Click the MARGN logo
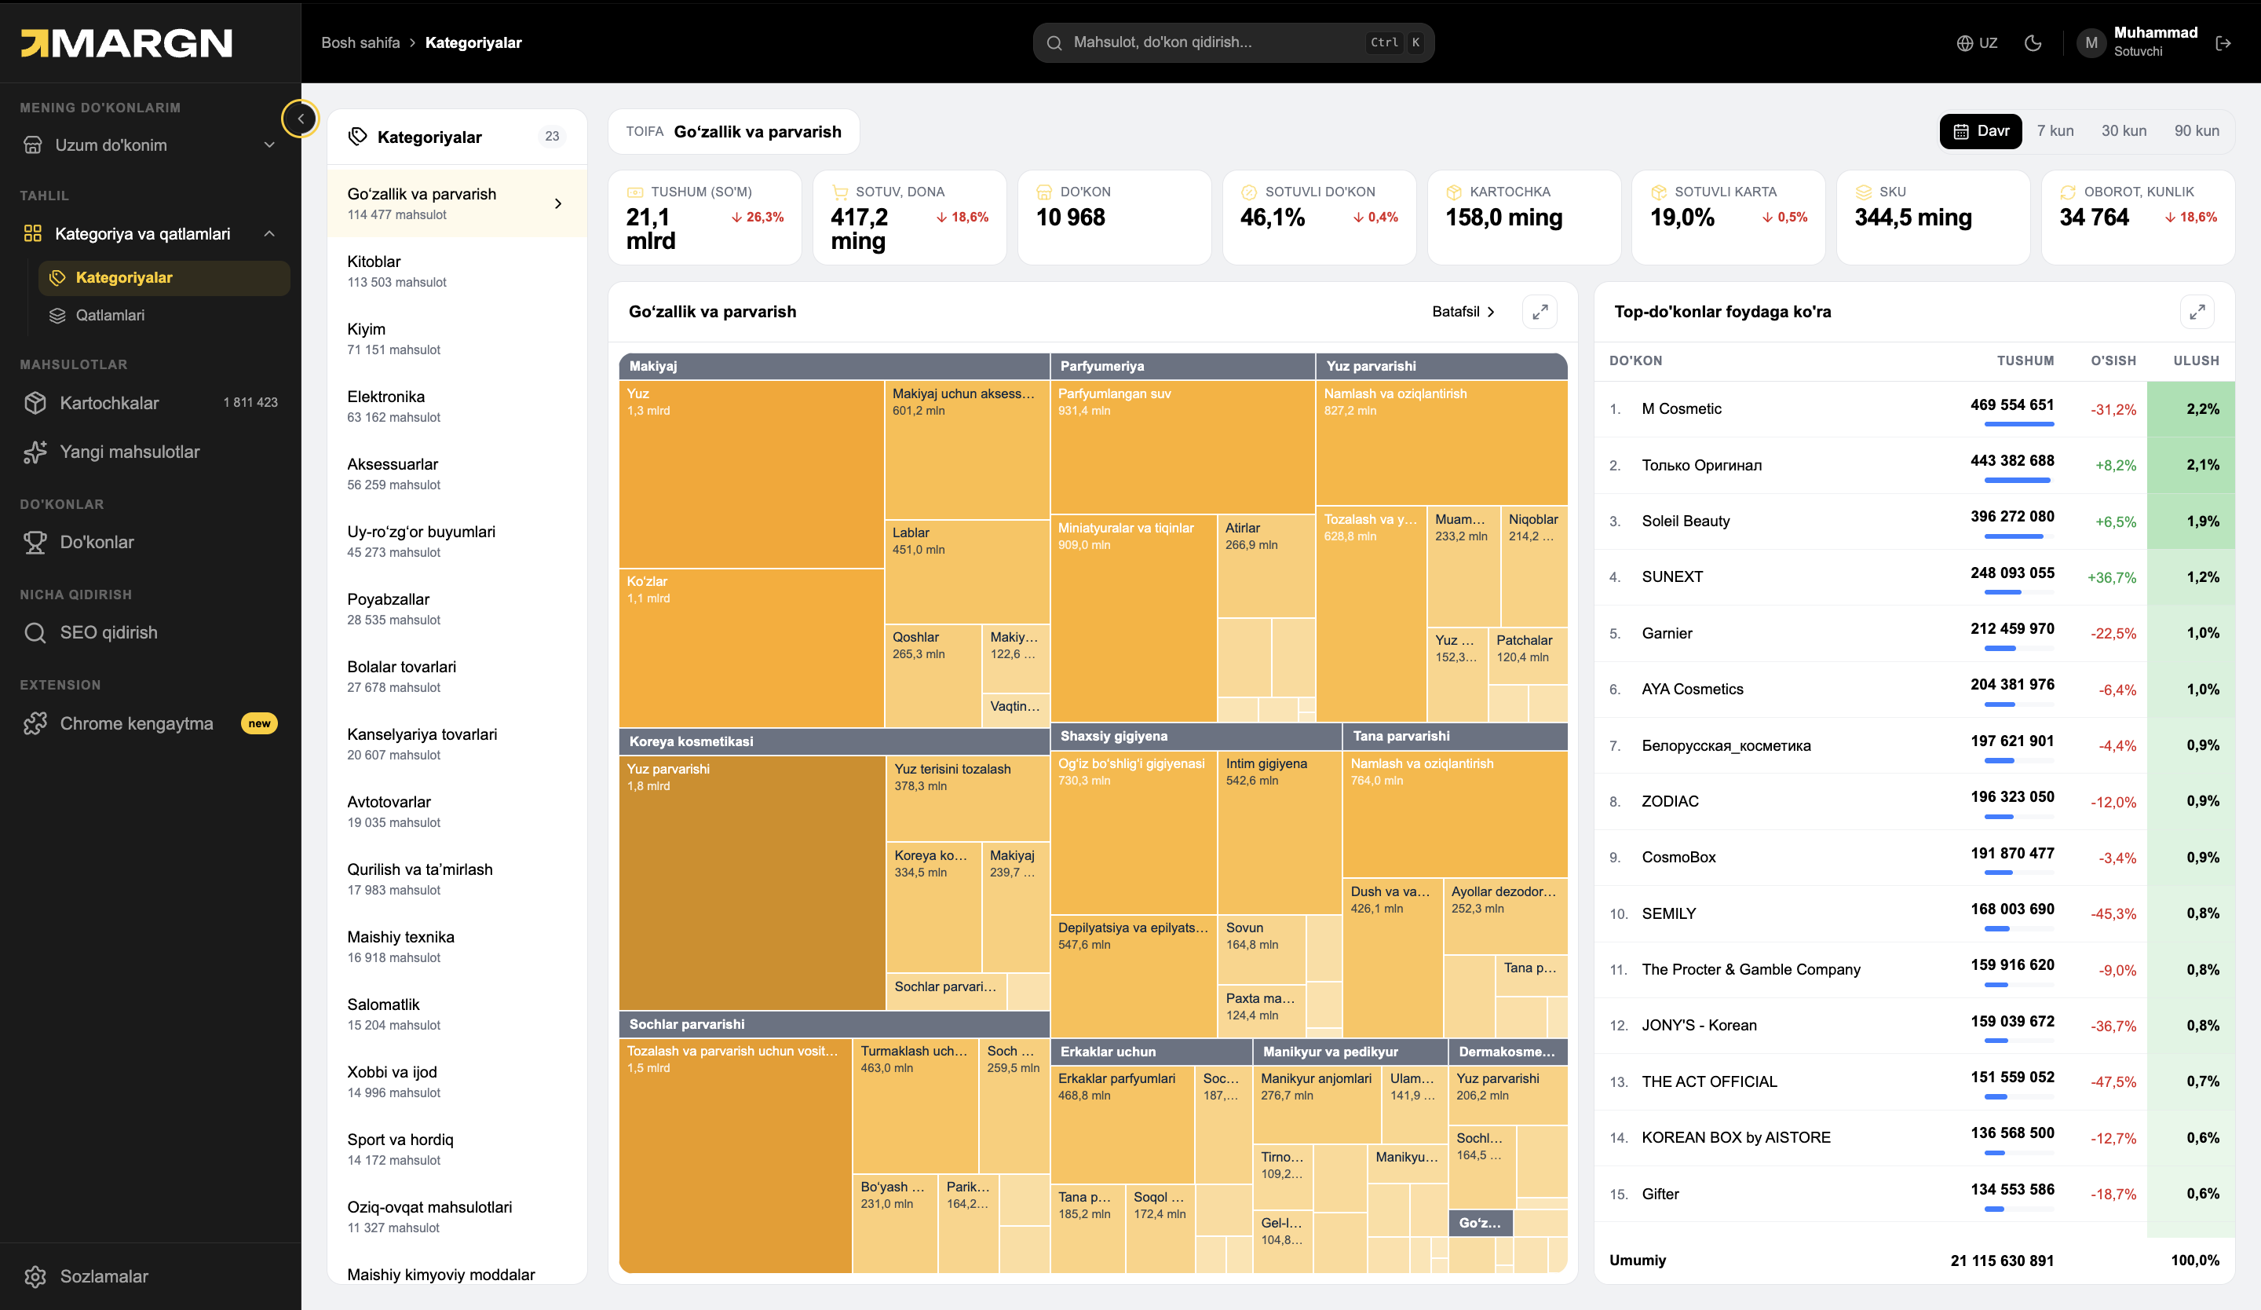click(126, 43)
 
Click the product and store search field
click(1233, 42)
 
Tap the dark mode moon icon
click(2033, 42)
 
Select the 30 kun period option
click(2124, 131)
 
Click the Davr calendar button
click(1980, 131)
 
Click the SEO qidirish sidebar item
click(108, 632)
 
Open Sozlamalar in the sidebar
click(103, 1276)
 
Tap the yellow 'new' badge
click(259, 723)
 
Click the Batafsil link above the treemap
click(1463, 311)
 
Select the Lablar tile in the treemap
click(967, 572)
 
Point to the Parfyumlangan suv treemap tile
click(1182, 447)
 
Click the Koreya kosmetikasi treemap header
click(834, 741)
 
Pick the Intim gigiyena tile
click(1280, 834)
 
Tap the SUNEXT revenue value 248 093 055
click(2011, 573)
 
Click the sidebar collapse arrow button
click(301, 119)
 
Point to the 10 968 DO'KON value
click(1070, 217)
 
